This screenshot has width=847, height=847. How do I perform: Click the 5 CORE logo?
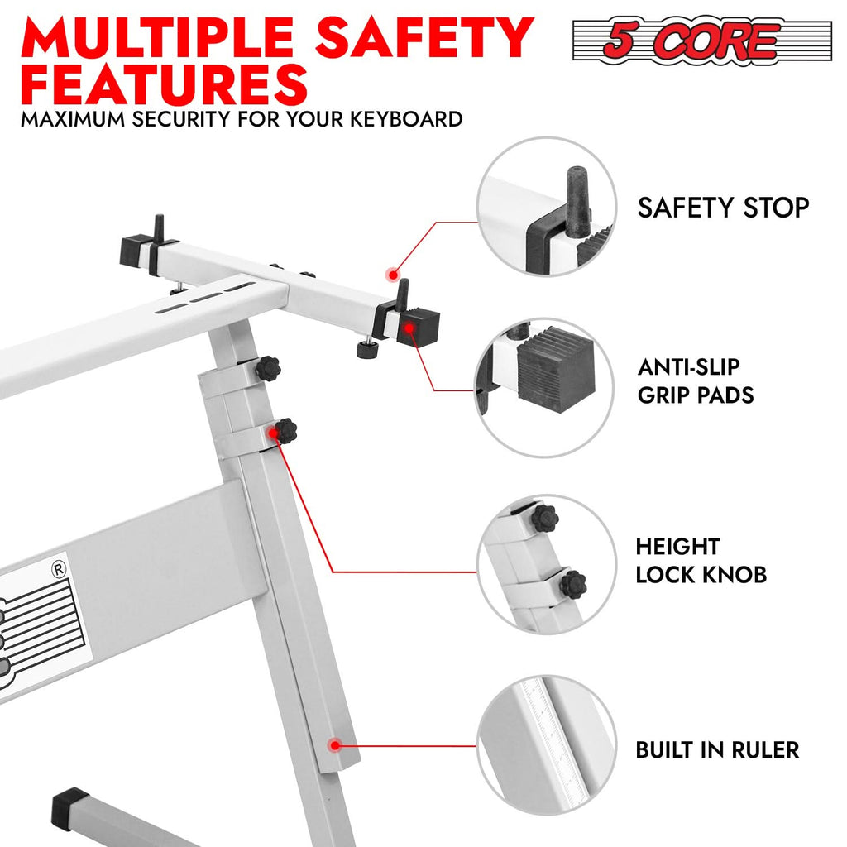tap(701, 40)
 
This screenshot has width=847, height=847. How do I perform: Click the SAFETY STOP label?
tap(723, 208)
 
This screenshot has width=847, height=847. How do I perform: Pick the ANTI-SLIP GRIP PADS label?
tap(695, 380)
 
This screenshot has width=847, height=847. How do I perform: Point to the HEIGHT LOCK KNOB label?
tap(701, 560)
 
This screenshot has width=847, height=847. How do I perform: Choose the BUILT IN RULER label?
tap(717, 750)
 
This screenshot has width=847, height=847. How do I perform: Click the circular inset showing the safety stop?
tap(546, 207)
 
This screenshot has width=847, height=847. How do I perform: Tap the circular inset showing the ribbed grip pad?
tap(546, 387)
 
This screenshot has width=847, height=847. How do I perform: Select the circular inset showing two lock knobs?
tap(546, 564)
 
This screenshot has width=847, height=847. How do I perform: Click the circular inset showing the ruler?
tap(546, 745)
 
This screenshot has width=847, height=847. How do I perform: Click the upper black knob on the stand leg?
tap(267, 368)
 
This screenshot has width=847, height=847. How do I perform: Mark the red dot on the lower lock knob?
tap(272, 432)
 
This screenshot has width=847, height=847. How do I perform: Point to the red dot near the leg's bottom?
tap(334, 745)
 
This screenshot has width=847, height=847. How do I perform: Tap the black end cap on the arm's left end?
tap(136, 250)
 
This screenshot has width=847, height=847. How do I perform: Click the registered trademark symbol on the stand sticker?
tap(58, 569)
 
